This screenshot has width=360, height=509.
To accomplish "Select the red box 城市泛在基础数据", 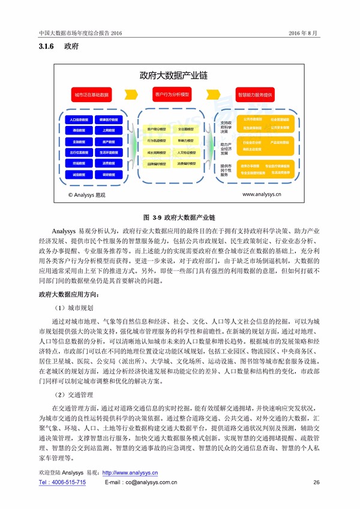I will pos(91,95).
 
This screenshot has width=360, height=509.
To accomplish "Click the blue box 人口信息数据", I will pos(79,119).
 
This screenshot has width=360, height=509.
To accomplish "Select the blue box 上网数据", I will pos(109,130).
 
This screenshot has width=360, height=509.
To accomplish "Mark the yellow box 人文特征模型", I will pos(188,152).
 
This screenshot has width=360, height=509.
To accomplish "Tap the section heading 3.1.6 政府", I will pos(55,47).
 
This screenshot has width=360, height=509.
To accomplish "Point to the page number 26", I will pos(316,482).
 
